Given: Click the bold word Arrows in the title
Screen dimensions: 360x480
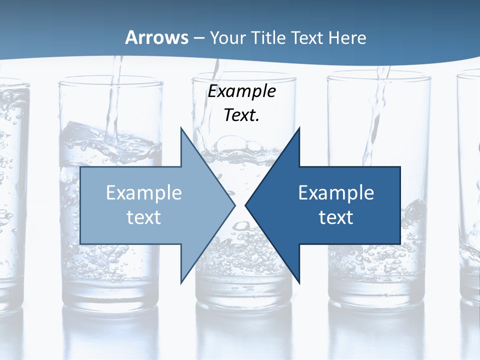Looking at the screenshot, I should [156, 37].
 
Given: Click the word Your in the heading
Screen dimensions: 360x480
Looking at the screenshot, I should [227, 37].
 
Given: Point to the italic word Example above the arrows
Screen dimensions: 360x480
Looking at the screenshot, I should [242, 91].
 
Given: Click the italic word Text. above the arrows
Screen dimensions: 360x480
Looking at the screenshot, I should [242, 115].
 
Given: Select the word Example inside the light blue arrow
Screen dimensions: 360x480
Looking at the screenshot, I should [144, 192].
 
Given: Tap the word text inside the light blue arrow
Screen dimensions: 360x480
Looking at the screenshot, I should [144, 217].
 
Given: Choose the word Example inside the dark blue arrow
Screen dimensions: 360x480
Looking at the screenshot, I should [336, 192].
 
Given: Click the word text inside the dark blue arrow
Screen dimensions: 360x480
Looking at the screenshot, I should [336, 217].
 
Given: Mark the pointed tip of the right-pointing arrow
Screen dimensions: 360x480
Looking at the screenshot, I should [235, 205].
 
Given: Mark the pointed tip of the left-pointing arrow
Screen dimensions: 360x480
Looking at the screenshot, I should [245, 205].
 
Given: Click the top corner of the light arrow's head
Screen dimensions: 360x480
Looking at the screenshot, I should [180, 128].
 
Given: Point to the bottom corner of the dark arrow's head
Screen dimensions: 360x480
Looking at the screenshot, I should [299, 282].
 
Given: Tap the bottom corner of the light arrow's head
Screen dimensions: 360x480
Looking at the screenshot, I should [180, 282].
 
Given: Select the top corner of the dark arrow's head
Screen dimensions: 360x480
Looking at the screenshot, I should [299, 128].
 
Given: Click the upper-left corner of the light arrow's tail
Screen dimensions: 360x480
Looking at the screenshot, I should [80, 167].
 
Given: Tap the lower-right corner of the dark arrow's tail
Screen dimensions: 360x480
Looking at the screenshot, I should [400, 244].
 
